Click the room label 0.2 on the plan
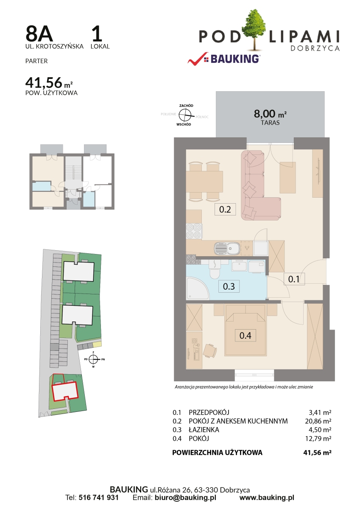coord(225,209)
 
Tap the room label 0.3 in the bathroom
coord(229,286)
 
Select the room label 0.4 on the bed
coord(245,336)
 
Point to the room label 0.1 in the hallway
coord(294,279)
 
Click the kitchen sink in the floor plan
coord(227,248)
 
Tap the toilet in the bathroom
coord(214,270)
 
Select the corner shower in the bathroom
coord(197,288)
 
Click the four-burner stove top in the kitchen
coord(194,231)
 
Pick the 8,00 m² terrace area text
coord(270,114)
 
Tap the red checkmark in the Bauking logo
coord(197,59)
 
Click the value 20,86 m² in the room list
coord(318,421)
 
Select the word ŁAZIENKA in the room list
coord(204,430)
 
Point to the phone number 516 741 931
coord(98,498)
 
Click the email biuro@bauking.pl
coord(185,498)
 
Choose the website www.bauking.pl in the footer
coord(267,498)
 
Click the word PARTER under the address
coord(36,61)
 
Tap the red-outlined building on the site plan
coord(65,391)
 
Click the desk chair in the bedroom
coord(209,351)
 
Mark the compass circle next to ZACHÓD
coord(185,115)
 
